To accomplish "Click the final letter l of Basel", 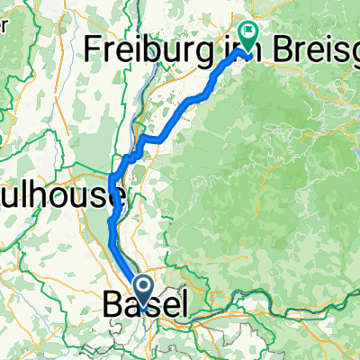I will coord(183,307).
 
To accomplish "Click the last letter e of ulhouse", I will coord(117,198).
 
